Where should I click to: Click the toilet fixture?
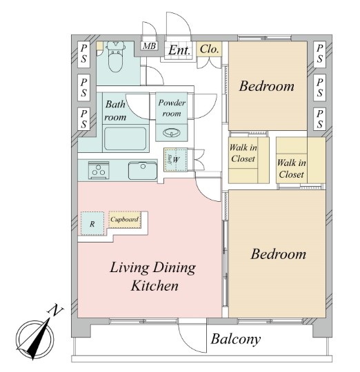115,56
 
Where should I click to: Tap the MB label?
150,45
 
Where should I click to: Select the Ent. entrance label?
179,50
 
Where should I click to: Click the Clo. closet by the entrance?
209,49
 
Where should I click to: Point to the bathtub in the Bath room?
125,138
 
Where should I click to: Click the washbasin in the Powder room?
171,133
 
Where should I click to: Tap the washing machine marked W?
176,160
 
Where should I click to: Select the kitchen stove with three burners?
99,170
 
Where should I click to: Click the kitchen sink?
143,171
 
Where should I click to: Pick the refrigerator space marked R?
92,223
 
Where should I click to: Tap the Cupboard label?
124,220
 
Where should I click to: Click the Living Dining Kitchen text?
153,276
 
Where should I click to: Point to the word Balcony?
236,340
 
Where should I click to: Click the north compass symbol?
35,339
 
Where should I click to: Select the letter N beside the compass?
56,310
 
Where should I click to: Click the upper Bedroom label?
266,86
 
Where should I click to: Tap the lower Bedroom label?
279,254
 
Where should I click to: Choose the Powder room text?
172,108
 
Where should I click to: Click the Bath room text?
115,110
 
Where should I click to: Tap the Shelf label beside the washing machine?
170,159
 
